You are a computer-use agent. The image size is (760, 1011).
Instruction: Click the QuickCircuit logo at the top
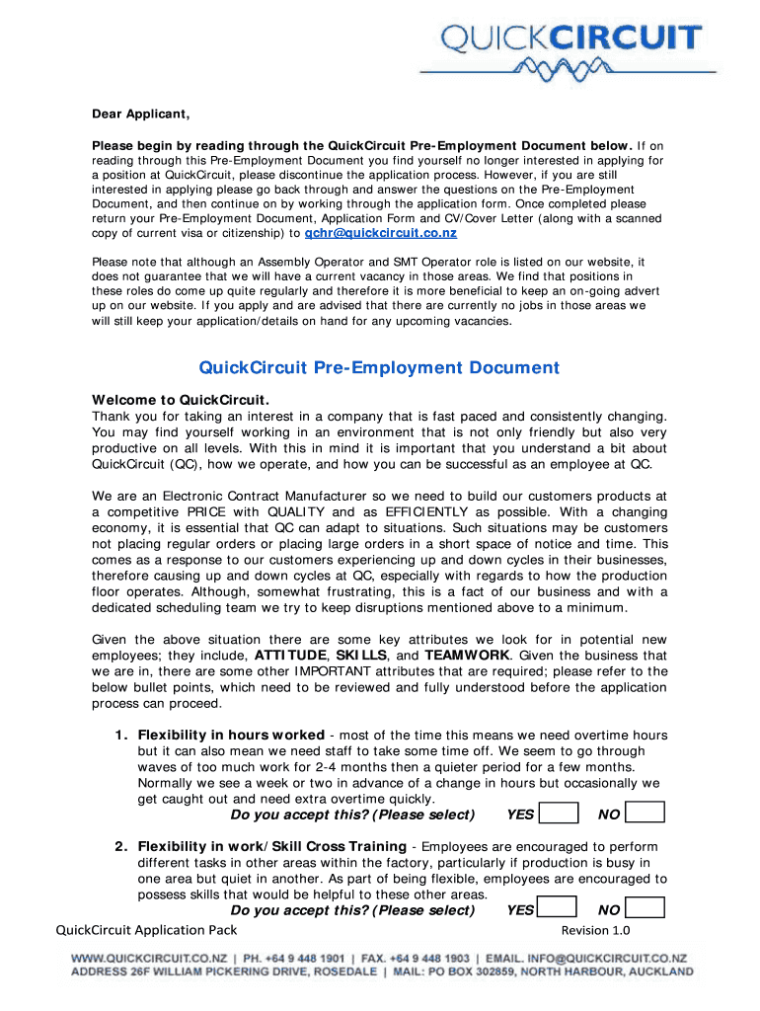(571, 49)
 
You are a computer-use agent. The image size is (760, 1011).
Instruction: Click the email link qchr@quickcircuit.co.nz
(380, 234)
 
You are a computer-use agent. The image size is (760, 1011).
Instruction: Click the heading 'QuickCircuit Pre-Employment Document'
(379, 368)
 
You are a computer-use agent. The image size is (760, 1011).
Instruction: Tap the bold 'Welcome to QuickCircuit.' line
(181, 400)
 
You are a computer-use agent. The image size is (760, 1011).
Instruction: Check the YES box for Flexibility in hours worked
(560, 814)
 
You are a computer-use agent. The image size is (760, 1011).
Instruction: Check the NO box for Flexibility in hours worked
(646, 814)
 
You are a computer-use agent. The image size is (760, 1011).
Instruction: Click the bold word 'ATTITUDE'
(290, 656)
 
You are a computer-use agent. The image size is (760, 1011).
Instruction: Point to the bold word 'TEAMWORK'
(467, 656)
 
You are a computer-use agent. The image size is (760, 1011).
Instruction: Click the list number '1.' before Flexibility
(121, 736)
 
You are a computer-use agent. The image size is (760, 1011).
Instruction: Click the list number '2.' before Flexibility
(121, 847)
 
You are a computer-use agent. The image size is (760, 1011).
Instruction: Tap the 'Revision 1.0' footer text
(595, 930)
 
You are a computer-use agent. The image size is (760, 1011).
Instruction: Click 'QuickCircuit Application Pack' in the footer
(146, 930)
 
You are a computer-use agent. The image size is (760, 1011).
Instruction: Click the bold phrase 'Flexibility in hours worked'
(231, 736)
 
